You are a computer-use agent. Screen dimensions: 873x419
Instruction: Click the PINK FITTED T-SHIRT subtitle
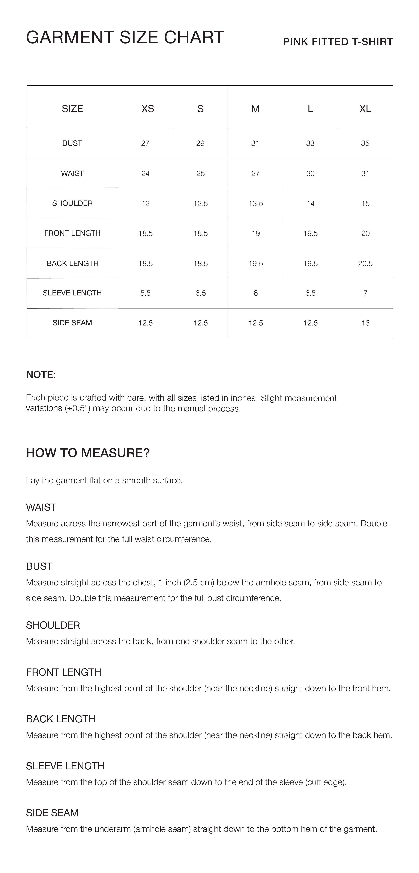pos(338,42)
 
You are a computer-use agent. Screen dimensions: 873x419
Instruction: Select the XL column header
pos(365,109)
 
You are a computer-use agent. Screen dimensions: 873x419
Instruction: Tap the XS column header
pos(148,109)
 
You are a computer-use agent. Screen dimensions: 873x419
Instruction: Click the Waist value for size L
pos(310,174)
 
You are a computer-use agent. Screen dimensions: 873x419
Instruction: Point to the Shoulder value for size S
pos(201,203)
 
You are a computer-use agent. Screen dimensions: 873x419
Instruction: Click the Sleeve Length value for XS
pos(145,293)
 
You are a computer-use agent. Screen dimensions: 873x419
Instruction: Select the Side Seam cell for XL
pos(365,323)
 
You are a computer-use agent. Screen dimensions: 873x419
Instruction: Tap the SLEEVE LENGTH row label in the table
pos(72,293)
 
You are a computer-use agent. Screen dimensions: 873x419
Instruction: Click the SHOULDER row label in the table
pos(72,203)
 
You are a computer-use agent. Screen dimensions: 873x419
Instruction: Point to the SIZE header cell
pos(72,109)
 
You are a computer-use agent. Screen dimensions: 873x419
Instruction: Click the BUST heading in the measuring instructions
pos(39,566)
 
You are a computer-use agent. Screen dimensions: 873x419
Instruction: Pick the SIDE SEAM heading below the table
pos(52,813)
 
